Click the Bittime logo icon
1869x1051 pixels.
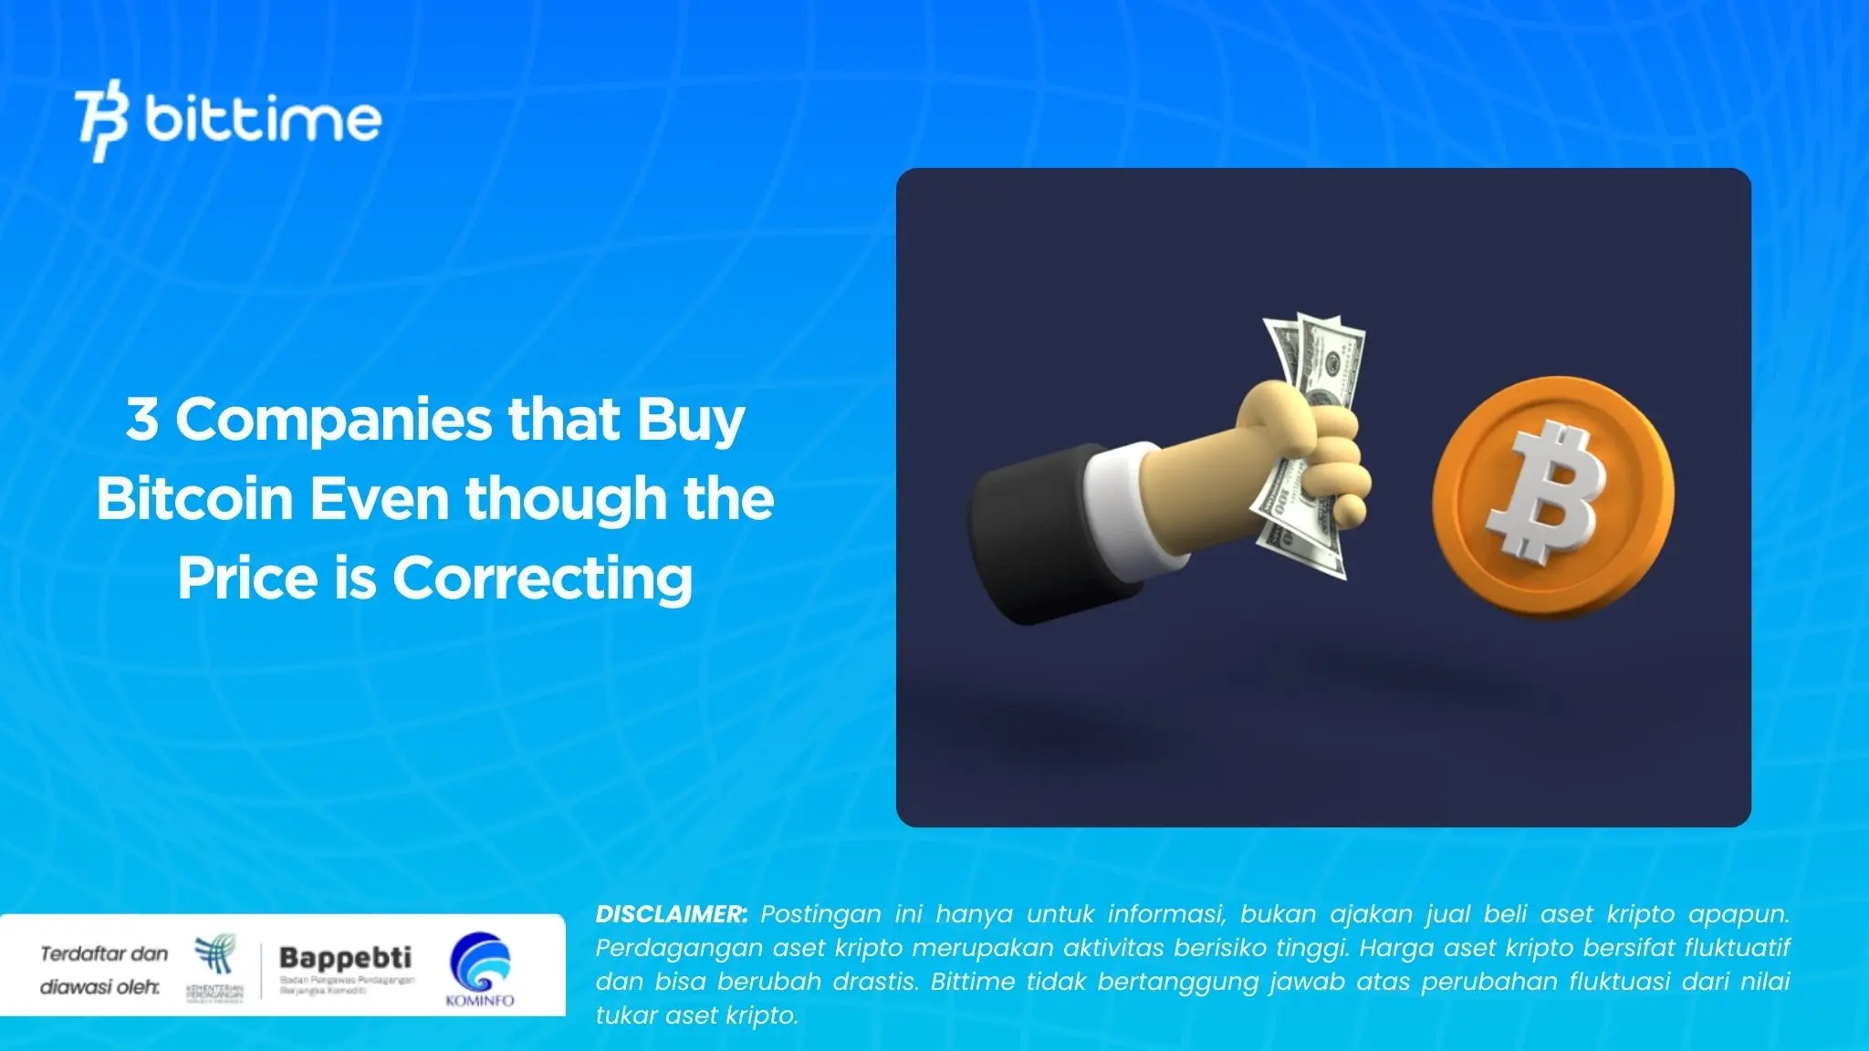(x=102, y=120)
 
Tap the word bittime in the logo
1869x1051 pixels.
(x=263, y=120)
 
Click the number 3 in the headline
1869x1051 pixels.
(x=141, y=419)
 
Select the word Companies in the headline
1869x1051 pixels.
(x=334, y=421)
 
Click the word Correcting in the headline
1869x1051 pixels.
(x=543, y=579)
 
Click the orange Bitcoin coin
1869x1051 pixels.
(x=1552, y=497)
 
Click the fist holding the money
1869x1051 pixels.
(x=1314, y=456)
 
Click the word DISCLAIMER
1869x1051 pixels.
(x=671, y=914)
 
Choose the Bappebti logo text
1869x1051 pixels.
(x=345, y=958)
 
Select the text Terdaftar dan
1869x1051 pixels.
(x=104, y=954)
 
